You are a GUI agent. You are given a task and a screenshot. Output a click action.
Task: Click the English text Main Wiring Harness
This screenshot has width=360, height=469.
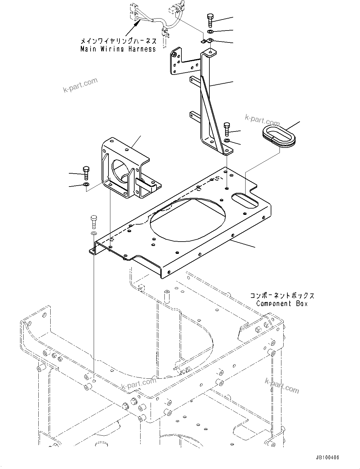tap(118, 49)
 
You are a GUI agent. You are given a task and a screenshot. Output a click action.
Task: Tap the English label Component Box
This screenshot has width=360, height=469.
tap(282, 304)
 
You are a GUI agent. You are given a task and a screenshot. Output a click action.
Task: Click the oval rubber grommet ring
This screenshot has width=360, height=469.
tap(278, 136)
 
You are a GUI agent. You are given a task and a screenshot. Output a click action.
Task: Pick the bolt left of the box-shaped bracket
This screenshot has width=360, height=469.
tap(86, 173)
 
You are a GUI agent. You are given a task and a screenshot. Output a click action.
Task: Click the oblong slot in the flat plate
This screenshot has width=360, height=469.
tap(245, 200)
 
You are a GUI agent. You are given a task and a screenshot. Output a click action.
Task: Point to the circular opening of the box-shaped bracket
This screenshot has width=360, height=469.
tap(120, 170)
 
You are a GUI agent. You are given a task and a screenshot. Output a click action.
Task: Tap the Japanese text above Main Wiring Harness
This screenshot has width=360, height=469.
tap(118, 41)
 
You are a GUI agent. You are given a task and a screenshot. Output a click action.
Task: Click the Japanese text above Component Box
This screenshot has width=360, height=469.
tap(282, 296)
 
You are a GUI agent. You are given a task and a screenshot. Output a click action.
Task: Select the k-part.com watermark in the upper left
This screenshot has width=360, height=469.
tap(80, 86)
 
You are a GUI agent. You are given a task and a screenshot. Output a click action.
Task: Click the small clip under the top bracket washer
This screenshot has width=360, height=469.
tap(208, 41)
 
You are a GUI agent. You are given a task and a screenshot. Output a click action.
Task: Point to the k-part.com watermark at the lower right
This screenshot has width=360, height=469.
tap(282, 386)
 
